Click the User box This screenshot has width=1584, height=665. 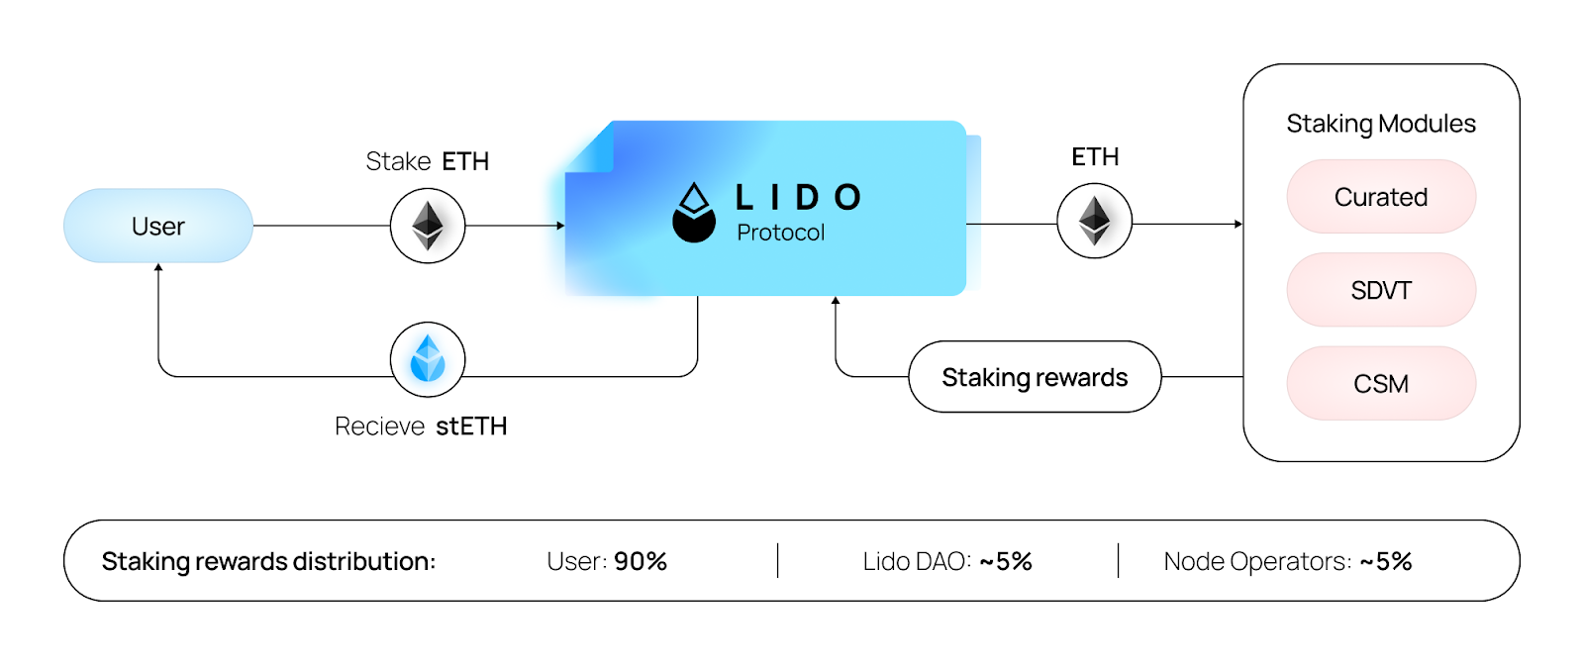point(158,226)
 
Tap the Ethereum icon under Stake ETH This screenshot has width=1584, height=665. point(428,226)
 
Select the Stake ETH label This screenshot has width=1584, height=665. point(428,161)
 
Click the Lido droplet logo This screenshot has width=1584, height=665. point(694,213)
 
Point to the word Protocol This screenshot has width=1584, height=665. point(780,233)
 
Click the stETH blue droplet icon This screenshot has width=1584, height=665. point(428,358)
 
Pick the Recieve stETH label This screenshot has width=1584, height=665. point(421,427)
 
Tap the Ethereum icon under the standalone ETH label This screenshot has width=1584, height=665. point(1094,222)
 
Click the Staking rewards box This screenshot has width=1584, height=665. point(1035,377)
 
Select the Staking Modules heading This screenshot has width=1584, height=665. point(1381,124)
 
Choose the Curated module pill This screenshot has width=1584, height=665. point(1381,197)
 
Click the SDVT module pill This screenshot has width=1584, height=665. point(1381,290)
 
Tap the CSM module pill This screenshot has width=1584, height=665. point(1381,383)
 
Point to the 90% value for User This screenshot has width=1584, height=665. point(641,561)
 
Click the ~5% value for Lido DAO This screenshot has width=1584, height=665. point(1006,561)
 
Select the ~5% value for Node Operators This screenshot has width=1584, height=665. point(1386,561)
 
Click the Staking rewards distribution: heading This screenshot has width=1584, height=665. point(268,561)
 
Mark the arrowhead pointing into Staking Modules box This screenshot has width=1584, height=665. point(1238,225)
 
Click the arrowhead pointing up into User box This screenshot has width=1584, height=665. point(158,267)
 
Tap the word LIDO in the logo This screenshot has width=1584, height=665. point(798,198)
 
